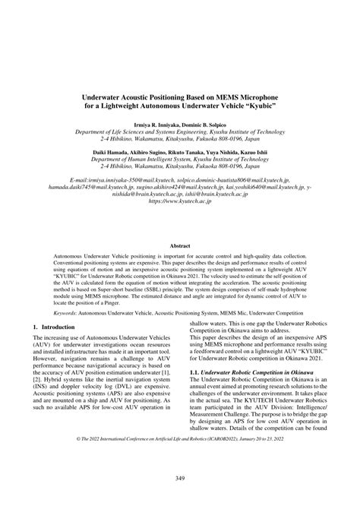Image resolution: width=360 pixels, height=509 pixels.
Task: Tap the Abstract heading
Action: point(179,246)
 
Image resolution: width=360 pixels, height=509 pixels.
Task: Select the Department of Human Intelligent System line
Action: point(179,160)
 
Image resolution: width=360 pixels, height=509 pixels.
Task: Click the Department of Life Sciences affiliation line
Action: point(179,131)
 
